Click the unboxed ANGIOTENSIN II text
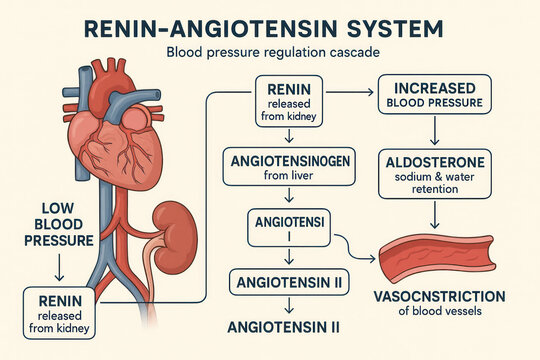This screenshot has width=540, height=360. tap(284, 326)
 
